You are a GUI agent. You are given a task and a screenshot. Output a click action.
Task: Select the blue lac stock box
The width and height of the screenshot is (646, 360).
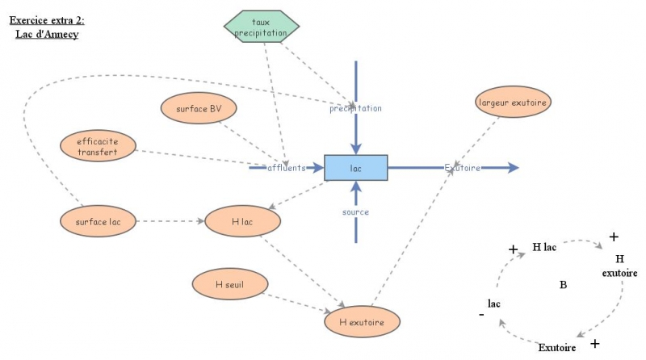355,168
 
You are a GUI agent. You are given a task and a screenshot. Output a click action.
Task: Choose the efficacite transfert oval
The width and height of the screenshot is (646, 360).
97,147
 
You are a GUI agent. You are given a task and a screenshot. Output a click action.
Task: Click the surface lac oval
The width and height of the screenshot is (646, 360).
99,220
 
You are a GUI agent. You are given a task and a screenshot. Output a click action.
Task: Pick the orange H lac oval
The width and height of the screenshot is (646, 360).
243,220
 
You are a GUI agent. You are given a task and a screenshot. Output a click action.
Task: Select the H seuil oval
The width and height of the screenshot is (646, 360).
230,283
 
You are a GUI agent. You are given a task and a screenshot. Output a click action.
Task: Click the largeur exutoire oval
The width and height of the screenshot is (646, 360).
514,103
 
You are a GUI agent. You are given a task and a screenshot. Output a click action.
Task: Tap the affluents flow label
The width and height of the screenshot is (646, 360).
287,168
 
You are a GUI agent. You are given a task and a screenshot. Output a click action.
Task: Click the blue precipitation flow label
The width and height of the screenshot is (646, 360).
355,107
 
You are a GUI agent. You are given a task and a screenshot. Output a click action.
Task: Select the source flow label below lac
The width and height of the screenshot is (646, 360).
355,212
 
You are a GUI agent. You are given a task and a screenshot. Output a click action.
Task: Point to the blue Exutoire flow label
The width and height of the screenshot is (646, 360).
463,168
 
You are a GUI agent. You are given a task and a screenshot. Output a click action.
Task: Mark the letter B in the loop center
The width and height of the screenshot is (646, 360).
563,284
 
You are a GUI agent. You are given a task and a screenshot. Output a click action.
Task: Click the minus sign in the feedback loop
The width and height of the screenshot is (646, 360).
482,316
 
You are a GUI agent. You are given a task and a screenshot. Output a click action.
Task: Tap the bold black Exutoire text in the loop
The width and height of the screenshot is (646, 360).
557,347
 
